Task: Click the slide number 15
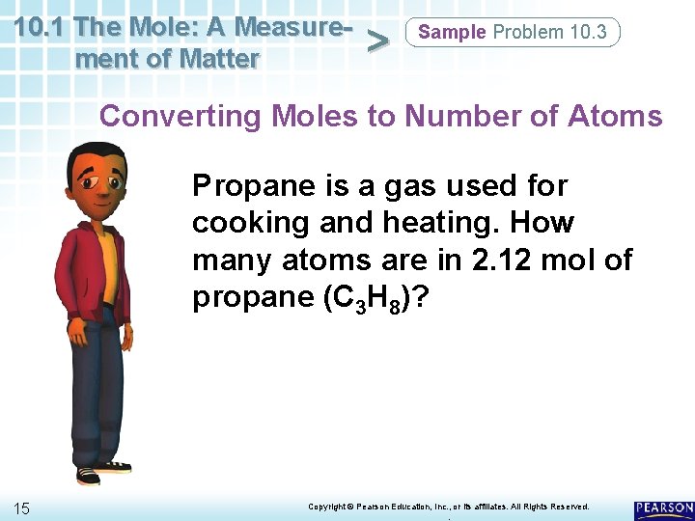pos(23,507)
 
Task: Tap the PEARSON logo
pos(664,508)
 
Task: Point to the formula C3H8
pos(362,298)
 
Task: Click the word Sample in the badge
pos(452,32)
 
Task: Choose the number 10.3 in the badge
pos(589,32)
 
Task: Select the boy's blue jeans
pos(97,386)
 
